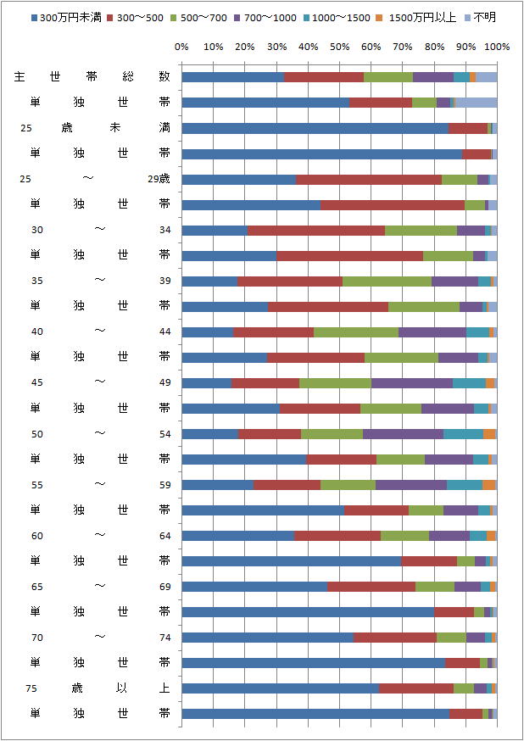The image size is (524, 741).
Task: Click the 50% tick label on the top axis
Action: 339,46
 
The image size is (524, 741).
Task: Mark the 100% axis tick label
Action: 497,46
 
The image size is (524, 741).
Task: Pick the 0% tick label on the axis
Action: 181,46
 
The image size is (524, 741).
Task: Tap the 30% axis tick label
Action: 276,46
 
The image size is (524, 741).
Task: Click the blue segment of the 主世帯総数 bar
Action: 232,77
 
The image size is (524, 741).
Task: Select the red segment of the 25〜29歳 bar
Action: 369,179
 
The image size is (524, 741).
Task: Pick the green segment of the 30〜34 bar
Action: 421,230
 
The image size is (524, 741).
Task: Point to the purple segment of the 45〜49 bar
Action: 411,382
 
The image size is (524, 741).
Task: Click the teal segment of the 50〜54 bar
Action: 463,434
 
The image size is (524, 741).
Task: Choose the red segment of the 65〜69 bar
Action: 371,587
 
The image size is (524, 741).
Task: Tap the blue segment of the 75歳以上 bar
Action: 280,688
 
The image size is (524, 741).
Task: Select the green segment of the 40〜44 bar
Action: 356,331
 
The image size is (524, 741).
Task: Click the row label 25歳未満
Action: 93,128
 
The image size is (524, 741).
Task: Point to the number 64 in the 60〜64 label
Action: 164,536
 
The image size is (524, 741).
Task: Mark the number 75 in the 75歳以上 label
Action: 31,688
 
